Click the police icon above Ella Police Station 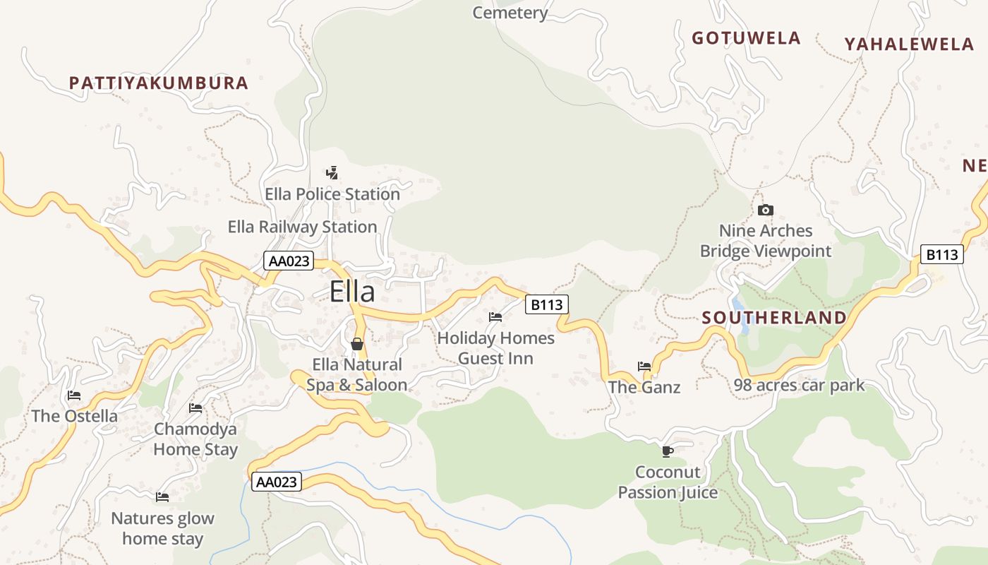pos(332,172)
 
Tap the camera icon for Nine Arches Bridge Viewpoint pos(765,210)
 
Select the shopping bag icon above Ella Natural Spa pos(357,344)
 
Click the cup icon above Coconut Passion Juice pos(667,451)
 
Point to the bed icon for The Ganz pos(644,366)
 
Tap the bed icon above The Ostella pos(74,395)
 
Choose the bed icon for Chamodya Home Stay pos(195,408)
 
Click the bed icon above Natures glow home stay pos(162,497)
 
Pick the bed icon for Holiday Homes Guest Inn pos(495,317)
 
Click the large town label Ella pos(352,292)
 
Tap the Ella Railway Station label pos(302,227)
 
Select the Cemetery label pos(510,13)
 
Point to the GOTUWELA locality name pos(746,38)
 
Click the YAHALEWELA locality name pos(909,44)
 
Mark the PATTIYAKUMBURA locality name pos(159,83)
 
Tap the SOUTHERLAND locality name pos(774,318)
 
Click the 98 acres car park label pos(799,386)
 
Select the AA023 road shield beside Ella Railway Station pos(289,261)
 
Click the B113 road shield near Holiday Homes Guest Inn pos(547,305)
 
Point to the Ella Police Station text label pos(332,194)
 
